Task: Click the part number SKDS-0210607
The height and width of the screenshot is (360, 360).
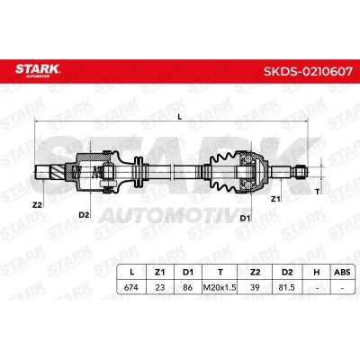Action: (x=308, y=72)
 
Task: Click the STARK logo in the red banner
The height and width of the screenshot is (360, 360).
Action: (x=38, y=70)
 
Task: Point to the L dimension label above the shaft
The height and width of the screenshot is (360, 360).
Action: (x=180, y=117)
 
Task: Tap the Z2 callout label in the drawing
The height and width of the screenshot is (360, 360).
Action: (x=37, y=205)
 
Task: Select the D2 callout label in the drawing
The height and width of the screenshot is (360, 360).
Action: (x=84, y=215)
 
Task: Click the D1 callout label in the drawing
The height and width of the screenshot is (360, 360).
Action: (x=245, y=218)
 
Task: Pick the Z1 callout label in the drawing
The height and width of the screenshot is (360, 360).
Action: (x=275, y=199)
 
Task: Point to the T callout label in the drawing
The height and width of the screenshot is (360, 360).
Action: (x=318, y=192)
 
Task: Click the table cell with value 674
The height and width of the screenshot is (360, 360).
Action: (x=131, y=287)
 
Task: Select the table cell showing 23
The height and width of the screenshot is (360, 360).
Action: (x=160, y=287)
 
